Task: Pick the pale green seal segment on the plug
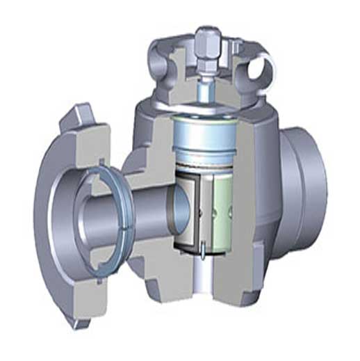[x=224, y=209]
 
